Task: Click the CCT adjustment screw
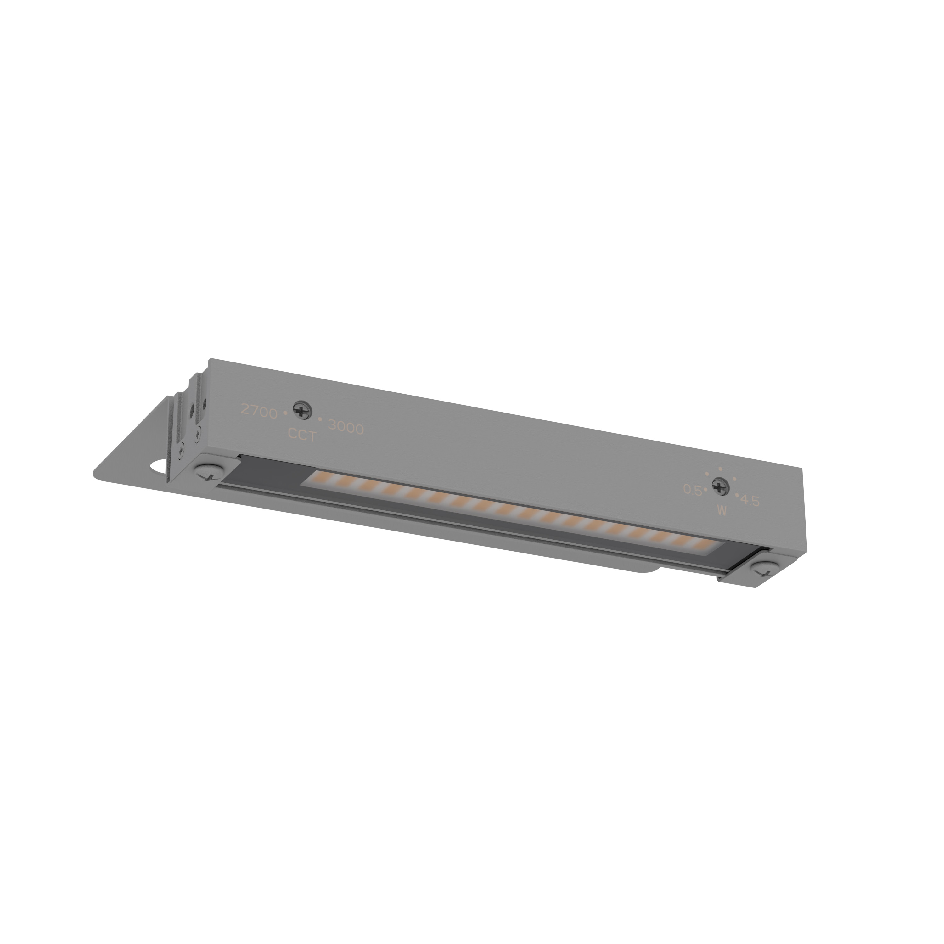click(x=302, y=410)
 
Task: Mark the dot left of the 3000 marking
click(x=320, y=419)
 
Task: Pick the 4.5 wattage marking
click(x=750, y=500)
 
